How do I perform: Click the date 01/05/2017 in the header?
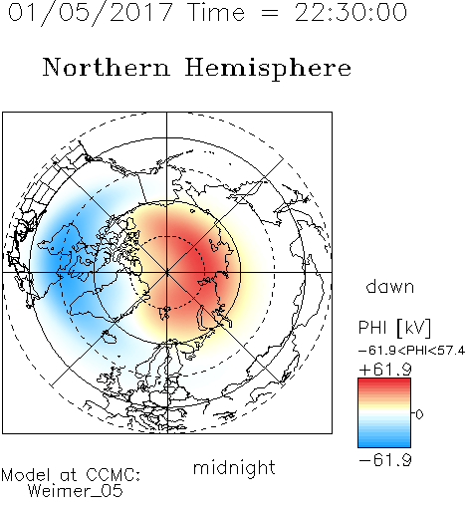pos(91,13)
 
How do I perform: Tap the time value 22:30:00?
pos(351,13)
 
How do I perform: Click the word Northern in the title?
pos(107,68)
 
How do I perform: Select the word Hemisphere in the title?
pos(268,69)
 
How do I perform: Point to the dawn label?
pos(390,286)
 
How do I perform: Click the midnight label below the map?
pos(234,467)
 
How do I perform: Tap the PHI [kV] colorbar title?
pos(394,328)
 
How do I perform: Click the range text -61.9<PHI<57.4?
pos(411,351)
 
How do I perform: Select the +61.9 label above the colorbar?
pos(385,370)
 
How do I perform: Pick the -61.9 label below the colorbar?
pos(385,460)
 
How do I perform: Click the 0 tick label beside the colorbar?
pos(419,414)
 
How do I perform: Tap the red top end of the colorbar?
pos(384,380)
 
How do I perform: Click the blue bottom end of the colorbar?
pos(384,444)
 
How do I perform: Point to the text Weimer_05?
pos(76,491)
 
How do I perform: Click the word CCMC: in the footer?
pos(113,475)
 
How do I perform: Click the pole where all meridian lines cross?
pos(167,272)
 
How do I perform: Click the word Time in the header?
pos(216,13)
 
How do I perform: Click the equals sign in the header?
pos(270,14)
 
